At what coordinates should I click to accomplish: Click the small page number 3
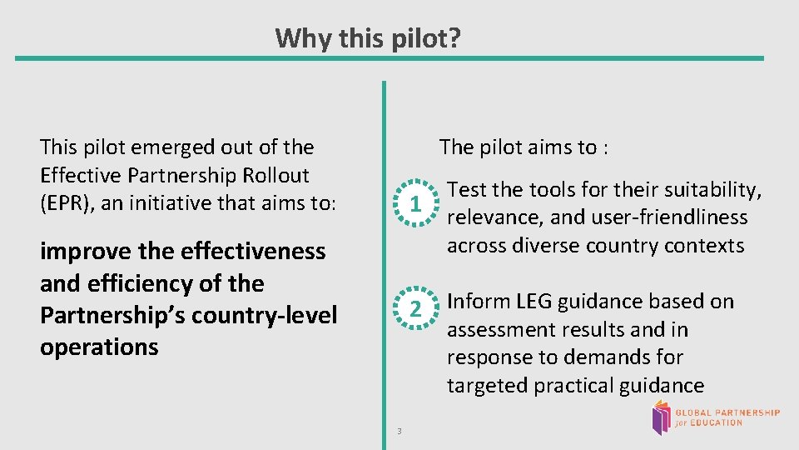pos(399,431)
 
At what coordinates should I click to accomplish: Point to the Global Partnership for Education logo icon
pos(661,417)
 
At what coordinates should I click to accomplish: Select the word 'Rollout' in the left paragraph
pos(275,175)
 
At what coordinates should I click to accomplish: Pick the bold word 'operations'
pos(99,347)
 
